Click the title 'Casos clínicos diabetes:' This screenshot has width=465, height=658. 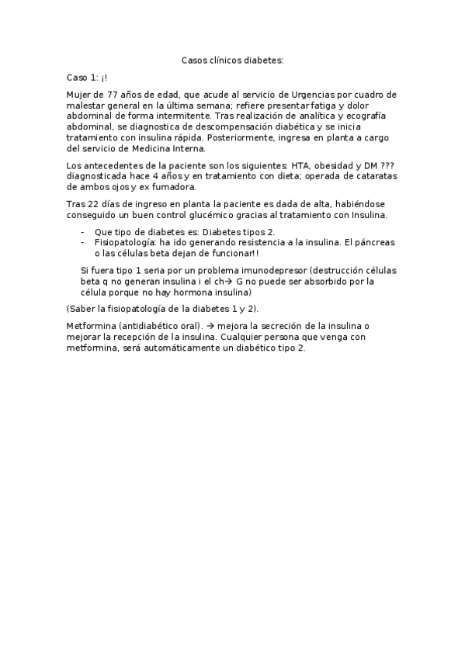(x=232, y=59)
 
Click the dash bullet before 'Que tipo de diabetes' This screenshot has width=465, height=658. (x=83, y=231)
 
